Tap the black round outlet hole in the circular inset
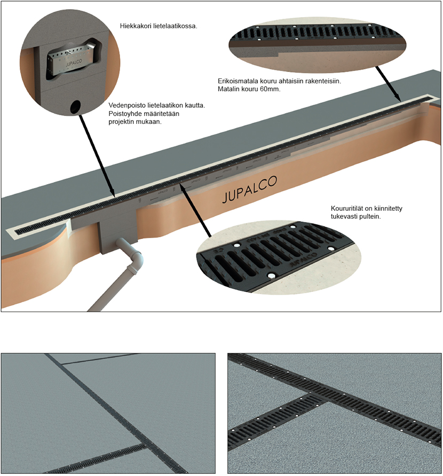point(75,107)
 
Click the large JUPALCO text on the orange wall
point(250,189)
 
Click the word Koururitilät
point(346,209)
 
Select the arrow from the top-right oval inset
point(389,84)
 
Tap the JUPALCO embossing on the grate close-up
point(303,259)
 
